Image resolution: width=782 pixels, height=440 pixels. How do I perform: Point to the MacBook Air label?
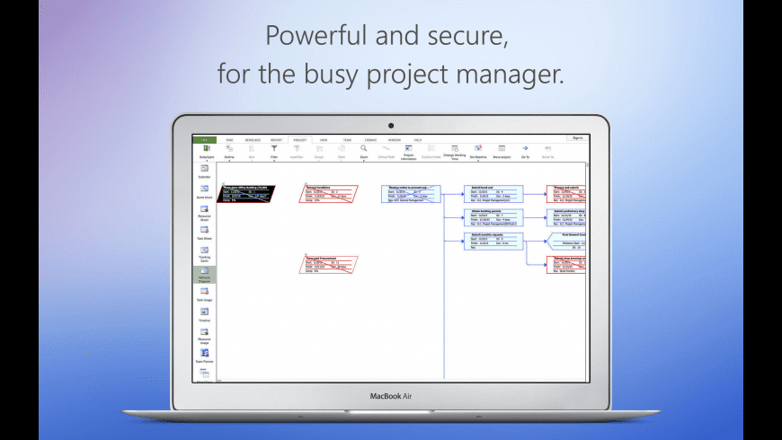[391, 395]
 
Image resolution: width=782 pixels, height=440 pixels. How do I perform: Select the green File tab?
[204, 140]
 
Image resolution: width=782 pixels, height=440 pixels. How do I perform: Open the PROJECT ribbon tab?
[299, 140]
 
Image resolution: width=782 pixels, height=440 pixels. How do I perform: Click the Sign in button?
[577, 138]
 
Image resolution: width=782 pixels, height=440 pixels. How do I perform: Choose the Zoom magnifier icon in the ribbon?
[363, 150]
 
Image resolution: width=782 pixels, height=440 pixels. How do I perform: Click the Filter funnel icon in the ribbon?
[274, 150]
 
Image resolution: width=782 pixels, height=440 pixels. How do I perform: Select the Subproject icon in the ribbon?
[205, 151]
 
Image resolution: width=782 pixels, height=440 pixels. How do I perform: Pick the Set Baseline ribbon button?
[478, 151]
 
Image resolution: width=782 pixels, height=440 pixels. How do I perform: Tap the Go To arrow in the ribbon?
[524, 151]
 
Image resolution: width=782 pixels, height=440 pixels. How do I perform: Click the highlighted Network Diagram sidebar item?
[205, 276]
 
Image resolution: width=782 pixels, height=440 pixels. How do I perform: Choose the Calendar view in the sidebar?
[205, 172]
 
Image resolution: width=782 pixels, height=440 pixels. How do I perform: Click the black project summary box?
[247, 194]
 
